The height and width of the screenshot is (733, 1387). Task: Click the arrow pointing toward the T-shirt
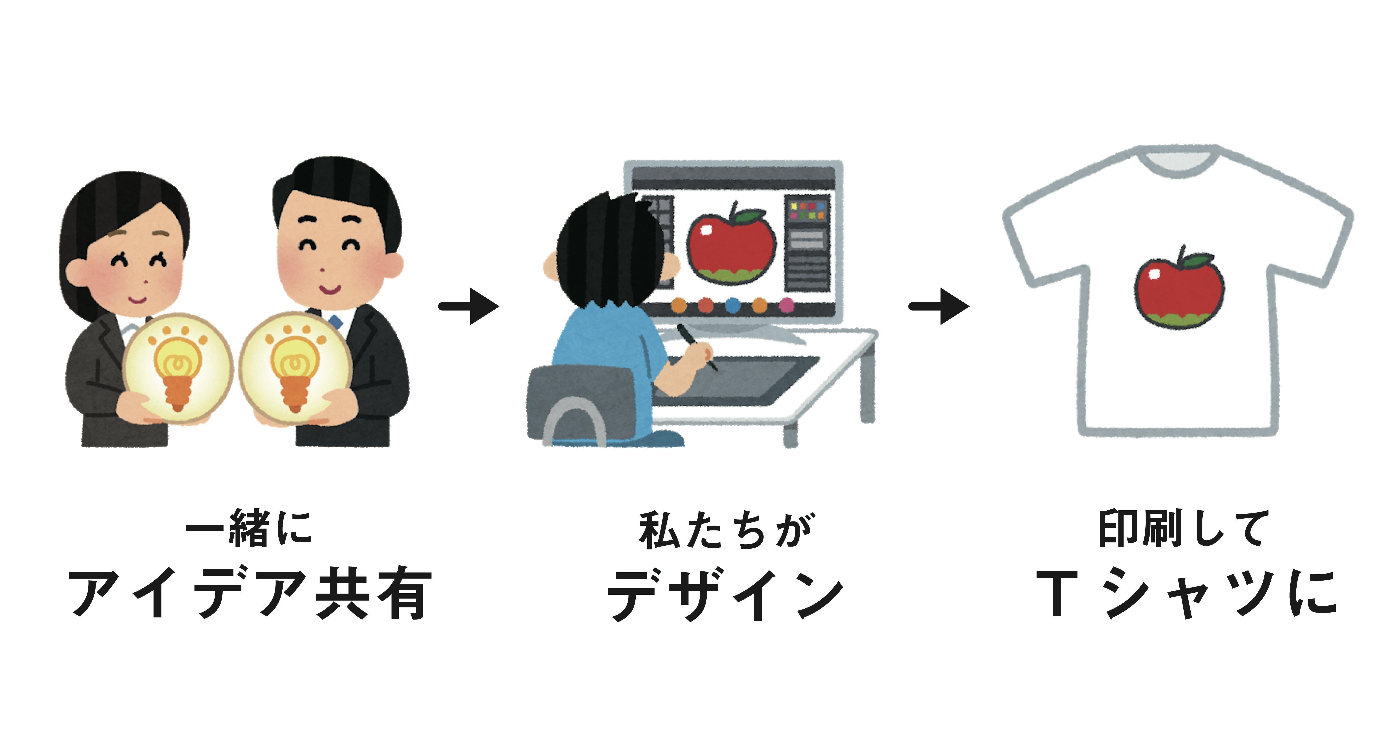[x=939, y=306]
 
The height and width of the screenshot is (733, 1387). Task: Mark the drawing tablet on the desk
[x=754, y=380]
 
